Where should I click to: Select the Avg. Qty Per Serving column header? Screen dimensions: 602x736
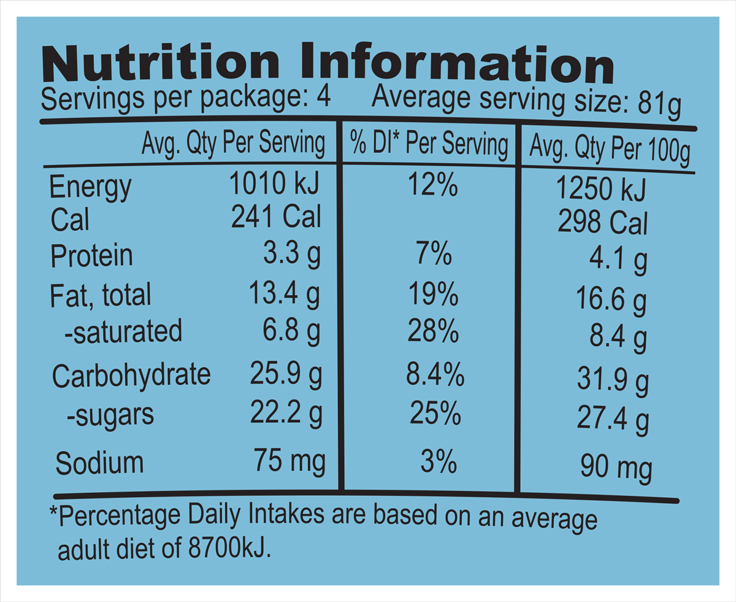pos(233,144)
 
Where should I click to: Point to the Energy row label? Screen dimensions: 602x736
pos(90,187)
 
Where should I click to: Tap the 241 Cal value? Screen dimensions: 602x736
pos(276,216)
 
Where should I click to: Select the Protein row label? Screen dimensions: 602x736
pos(91,256)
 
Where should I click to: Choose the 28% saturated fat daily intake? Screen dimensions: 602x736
pos(434,332)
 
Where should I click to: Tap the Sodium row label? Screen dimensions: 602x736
pos(99,463)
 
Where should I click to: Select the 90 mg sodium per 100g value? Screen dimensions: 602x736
pos(615,469)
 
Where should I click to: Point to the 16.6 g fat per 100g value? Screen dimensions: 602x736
pos(611,301)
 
